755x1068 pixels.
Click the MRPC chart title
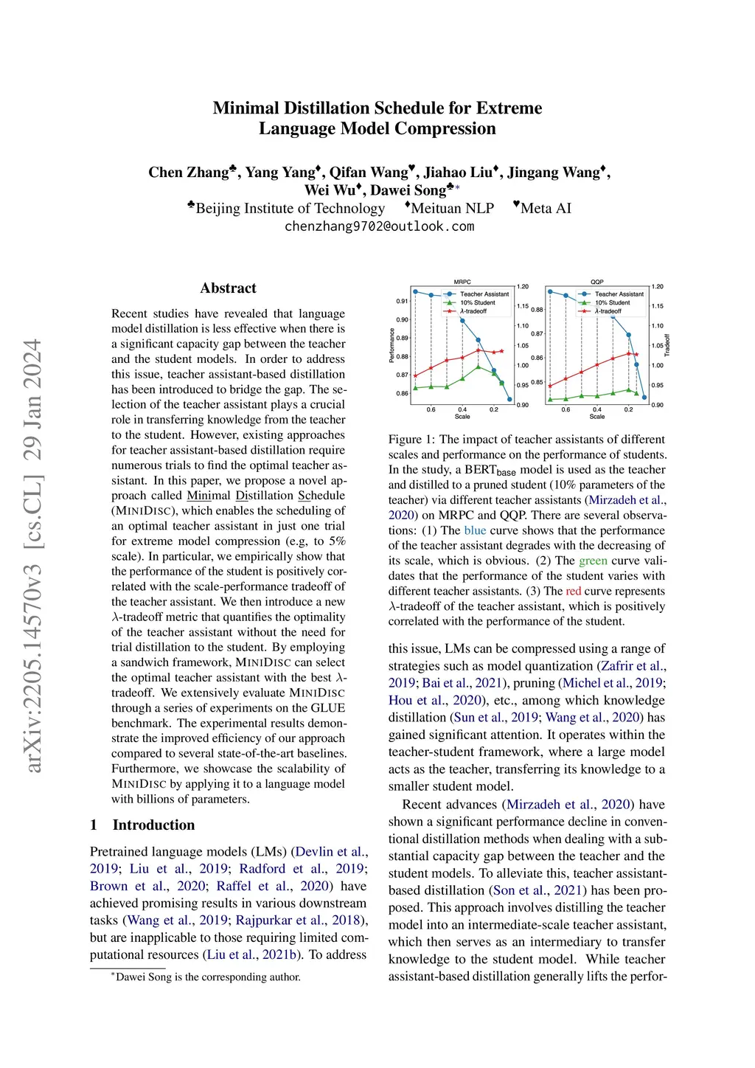462,282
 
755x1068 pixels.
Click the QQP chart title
597,282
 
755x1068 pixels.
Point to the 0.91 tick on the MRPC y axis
402,302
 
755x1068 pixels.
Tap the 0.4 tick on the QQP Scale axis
597,409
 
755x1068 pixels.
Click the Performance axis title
392,346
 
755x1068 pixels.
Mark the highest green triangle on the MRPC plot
479,366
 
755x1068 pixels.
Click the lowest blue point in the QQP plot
644,398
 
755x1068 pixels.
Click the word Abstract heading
228,288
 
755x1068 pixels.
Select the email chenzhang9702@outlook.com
379,226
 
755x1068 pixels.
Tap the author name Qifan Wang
369,173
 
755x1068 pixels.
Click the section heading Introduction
153,825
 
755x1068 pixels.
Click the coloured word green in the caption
593,561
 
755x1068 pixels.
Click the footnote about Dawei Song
207,977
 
